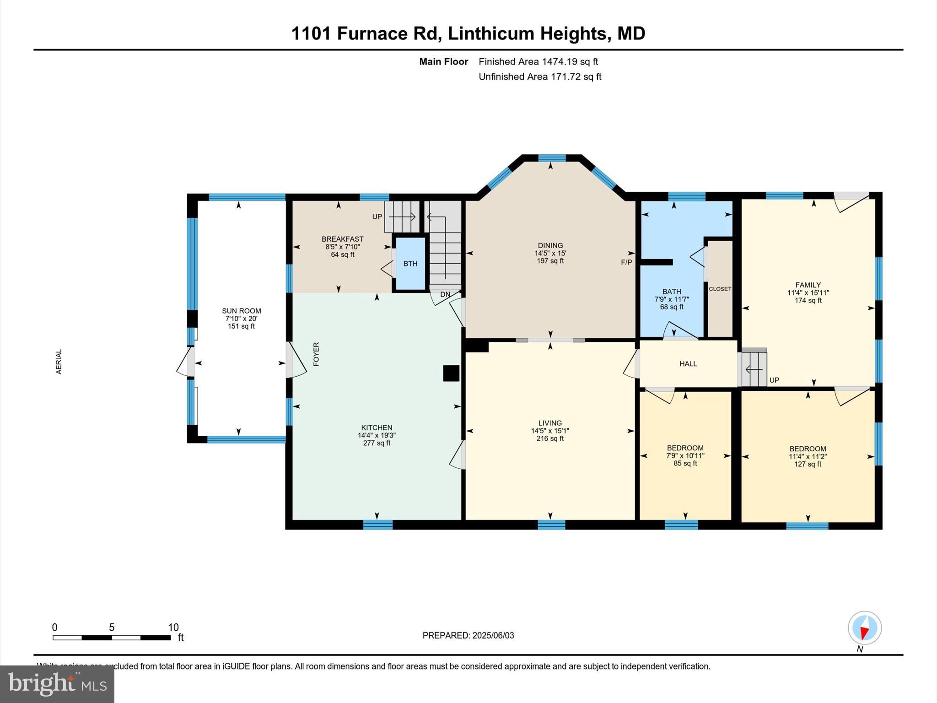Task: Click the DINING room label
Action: [550, 245]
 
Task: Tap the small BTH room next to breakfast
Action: [410, 264]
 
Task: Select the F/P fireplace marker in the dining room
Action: [626, 262]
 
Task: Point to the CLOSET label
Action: [720, 289]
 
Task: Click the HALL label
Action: [688, 364]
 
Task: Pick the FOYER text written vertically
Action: [316, 354]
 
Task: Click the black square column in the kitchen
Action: [451, 373]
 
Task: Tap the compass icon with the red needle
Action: [864, 628]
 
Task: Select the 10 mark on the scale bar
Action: [173, 627]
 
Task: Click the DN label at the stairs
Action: [445, 295]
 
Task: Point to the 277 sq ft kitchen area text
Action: [377, 443]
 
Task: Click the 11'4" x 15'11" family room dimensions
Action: [808, 293]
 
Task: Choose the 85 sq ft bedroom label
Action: [685, 463]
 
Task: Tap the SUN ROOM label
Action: [242, 311]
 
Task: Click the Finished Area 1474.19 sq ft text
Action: [538, 61]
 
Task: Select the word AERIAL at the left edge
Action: [59, 362]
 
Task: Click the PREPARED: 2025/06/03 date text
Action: [468, 635]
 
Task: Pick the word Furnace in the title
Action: [387, 33]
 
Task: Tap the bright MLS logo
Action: [57, 684]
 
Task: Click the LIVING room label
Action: [550, 423]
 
